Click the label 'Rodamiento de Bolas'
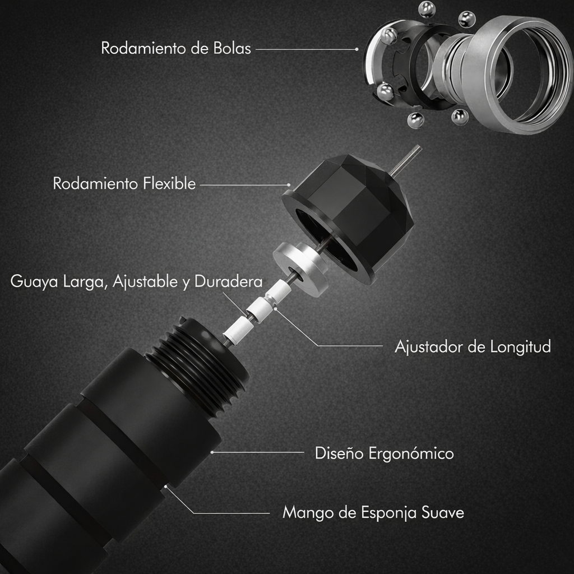[x=176, y=48]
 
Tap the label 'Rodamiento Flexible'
[x=124, y=183]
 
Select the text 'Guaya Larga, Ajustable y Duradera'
[x=137, y=282]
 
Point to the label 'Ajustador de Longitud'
[x=473, y=346]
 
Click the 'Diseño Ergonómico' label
[x=385, y=453]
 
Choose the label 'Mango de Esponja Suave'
[x=373, y=512]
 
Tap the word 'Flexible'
[x=169, y=183]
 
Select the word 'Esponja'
[x=389, y=513]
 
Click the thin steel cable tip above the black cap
[x=406, y=160]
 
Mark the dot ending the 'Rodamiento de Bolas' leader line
[x=357, y=49]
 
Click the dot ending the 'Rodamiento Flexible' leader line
[x=289, y=185]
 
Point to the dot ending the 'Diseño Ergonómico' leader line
[x=212, y=452]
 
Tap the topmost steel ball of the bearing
[x=427, y=10]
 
